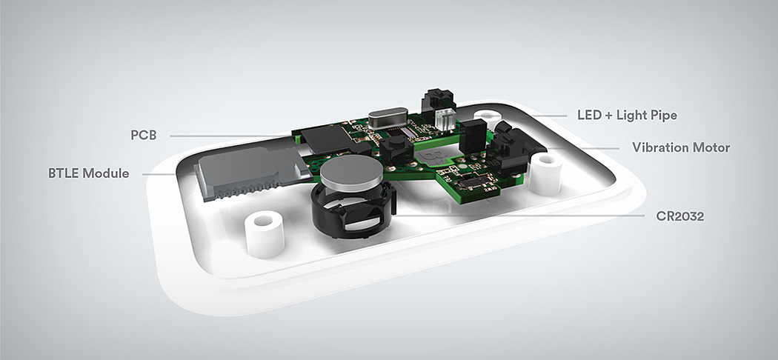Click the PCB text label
[x=144, y=135]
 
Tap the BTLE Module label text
[x=88, y=173]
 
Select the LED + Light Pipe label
[x=627, y=116]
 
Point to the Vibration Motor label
[x=681, y=147]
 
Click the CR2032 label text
[x=679, y=216]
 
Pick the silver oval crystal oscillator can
[x=388, y=119]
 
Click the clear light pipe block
[x=445, y=119]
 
